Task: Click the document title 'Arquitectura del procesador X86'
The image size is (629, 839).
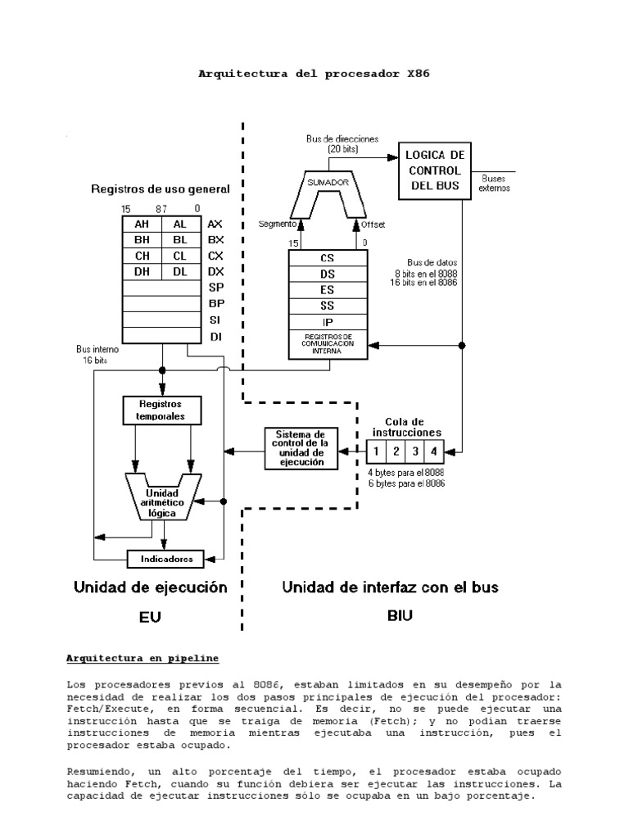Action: point(314,74)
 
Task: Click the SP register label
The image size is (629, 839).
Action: point(215,287)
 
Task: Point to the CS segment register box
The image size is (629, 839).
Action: point(327,257)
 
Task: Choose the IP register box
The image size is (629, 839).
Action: point(327,321)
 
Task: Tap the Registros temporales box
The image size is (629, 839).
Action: point(161,410)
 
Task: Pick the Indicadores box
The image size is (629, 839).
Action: point(165,560)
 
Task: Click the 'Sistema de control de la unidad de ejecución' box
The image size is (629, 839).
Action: point(301,448)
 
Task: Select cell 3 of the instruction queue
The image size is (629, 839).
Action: point(415,451)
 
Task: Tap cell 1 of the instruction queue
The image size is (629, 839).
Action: point(375,451)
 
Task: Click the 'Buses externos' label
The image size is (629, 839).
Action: point(495,182)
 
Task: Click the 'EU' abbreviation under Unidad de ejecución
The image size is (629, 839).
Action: point(150,620)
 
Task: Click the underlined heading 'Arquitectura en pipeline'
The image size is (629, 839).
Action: point(142,658)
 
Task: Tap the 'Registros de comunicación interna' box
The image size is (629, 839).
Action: point(327,343)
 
